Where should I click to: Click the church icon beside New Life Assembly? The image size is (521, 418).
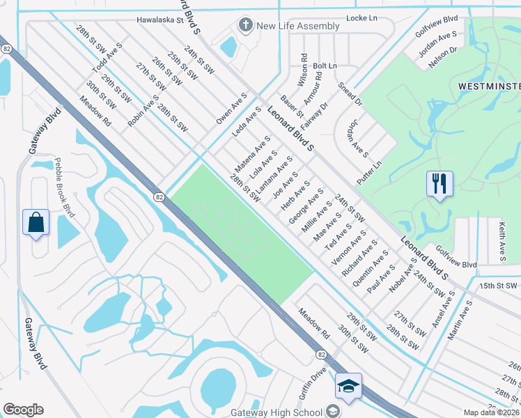point(244,26)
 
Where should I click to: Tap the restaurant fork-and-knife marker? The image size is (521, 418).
point(440,184)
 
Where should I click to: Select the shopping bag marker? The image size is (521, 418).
point(36,223)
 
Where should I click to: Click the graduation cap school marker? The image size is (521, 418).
point(348,385)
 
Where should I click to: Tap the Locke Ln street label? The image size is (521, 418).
point(361,20)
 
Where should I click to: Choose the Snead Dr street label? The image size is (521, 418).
point(350,94)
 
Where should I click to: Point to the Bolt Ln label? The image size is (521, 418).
point(325,65)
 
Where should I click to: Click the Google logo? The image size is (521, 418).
point(23,410)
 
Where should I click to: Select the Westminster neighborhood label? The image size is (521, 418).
point(488,86)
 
